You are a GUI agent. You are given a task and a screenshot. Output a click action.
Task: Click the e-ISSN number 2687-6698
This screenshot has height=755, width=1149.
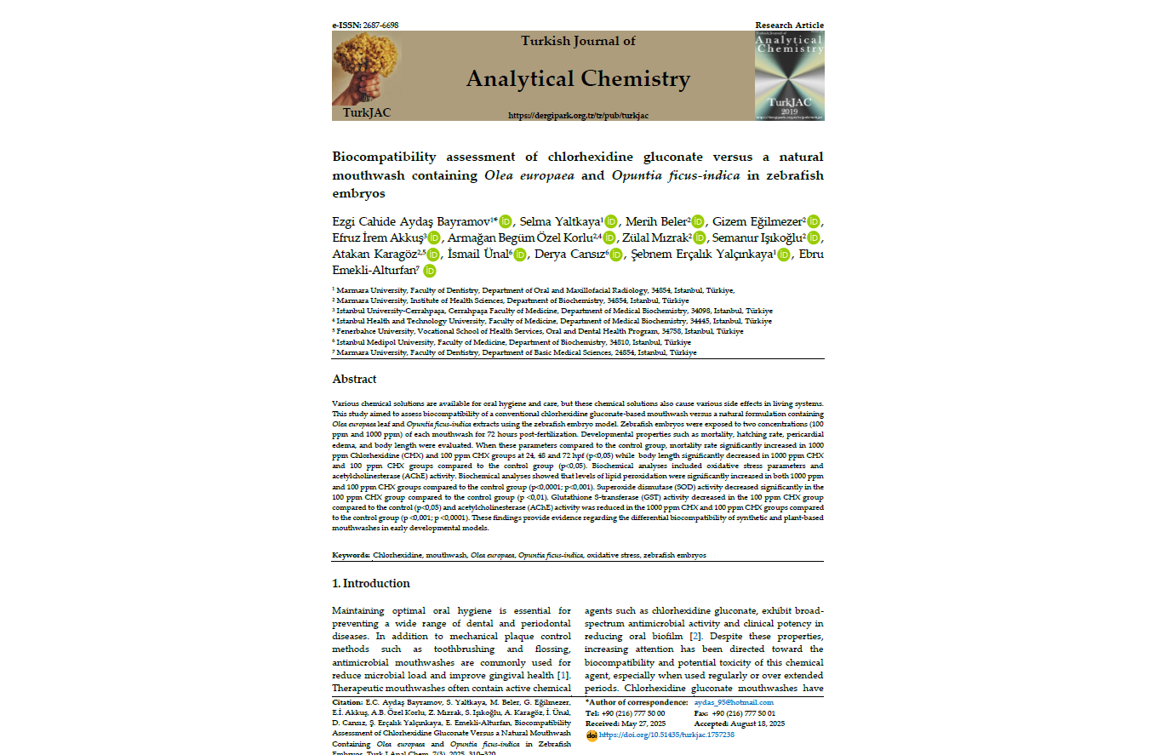click(380, 26)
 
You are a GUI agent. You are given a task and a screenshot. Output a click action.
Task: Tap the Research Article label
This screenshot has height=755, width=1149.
click(789, 26)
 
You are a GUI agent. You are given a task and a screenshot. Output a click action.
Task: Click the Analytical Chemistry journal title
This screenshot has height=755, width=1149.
click(578, 79)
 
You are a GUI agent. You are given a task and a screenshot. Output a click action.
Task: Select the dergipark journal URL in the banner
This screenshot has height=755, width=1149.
click(578, 115)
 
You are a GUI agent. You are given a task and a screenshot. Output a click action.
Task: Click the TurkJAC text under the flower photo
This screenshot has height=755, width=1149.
click(367, 112)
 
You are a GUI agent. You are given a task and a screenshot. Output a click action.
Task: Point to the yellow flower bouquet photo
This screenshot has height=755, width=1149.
click(366, 68)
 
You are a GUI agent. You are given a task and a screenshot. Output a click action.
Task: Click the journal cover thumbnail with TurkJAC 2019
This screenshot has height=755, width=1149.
click(789, 76)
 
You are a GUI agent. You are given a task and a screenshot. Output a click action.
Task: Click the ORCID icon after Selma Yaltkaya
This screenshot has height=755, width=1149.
click(610, 221)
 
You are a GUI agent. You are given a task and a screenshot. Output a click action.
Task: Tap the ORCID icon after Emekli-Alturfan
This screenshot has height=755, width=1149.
click(429, 271)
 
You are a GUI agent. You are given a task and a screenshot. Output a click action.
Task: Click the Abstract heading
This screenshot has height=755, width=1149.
click(354, 379)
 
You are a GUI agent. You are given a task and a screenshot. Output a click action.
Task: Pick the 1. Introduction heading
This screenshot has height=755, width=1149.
click(370, 583)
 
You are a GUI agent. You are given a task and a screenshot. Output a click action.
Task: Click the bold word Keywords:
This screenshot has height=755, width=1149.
click(351, 555)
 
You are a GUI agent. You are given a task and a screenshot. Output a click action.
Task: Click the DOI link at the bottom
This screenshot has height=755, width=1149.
click(666, 734)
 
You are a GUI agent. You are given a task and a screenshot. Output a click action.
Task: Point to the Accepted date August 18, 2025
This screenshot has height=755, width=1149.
click(752, 724)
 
